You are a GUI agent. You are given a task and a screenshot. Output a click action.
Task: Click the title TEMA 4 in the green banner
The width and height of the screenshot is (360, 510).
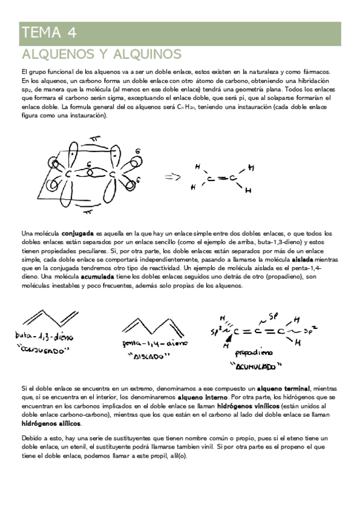point(49,32)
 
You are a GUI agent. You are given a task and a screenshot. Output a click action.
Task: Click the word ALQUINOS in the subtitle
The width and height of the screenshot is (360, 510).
point(144,55)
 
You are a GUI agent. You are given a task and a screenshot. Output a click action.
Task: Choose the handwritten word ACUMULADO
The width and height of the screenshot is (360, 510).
point(256,366)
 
